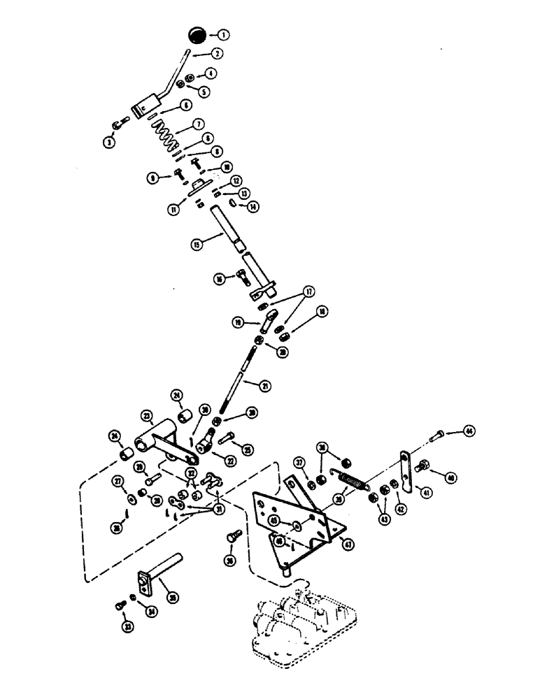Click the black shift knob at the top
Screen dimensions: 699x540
pyautogui.click(x=197, y=34)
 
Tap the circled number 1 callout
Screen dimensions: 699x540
pyautogui.click(x=223, y=34)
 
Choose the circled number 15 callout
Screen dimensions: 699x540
pyautogui.click(x=199, y=245)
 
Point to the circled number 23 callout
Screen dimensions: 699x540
pyautogui.click(x=146, y=415)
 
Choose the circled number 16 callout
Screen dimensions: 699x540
pyautogui.click(x=222, y=278)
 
